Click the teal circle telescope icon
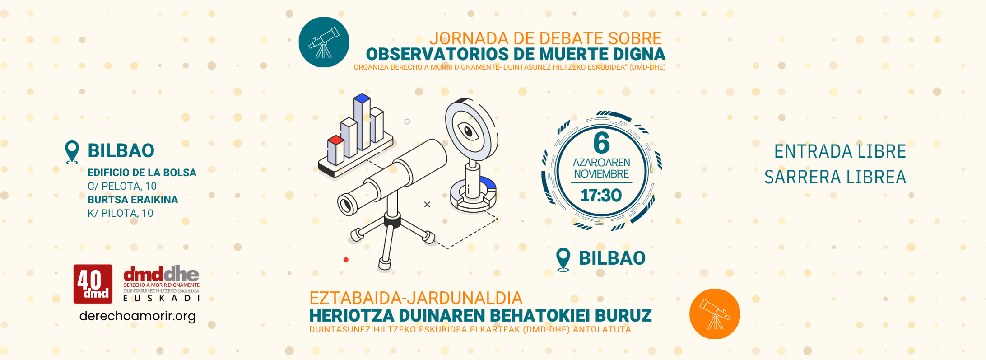click(x=324, y=42)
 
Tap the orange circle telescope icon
click(x=715, y=314)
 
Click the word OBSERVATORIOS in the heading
click(x=437, y=54)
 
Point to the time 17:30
click(x=601, y=196)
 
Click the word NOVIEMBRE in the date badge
click(x=601, y=174)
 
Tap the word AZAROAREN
click(x=601, y=162)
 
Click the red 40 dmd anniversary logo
click(x=93, y=284)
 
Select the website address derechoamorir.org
click(x=137, y=316)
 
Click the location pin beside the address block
click(x=72, y=152)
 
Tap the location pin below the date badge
click(x=563, y=260)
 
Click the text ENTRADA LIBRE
click(x=840, y=151)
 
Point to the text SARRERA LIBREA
click(x=835, y=177)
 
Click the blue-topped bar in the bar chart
click(x=362, y=122)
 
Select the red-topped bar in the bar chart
click(x=335, y=150)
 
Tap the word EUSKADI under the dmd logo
click(x=161, y=298)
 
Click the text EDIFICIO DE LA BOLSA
click(x=142, y=173)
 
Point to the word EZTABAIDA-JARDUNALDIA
click(x=416, y=298)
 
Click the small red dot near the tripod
click(x=346, y=260)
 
